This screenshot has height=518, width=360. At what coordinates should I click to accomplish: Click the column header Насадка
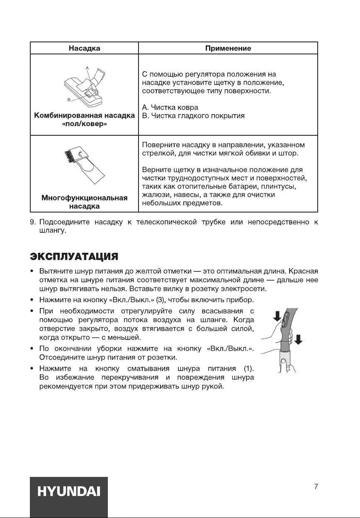click(x=84, y=48)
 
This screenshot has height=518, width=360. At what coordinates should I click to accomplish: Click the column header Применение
click(x=228, y=48)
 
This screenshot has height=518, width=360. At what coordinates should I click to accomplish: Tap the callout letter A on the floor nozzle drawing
click(x=88, y=67)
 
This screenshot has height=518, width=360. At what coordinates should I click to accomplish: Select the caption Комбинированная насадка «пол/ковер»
click(x=85, y=120)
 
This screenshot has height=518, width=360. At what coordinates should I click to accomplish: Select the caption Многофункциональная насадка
click(x=84, y=202)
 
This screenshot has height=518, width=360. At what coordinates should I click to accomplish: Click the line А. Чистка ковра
click(x=170, y=108)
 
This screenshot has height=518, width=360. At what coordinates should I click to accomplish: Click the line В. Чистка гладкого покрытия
click(x=193, y=116)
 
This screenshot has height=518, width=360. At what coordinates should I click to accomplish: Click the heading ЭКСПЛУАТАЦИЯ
click(x=74, y=255)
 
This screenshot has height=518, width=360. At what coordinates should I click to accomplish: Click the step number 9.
click(x=32, y=223)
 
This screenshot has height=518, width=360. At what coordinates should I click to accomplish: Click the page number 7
click(x=316, y=486)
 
